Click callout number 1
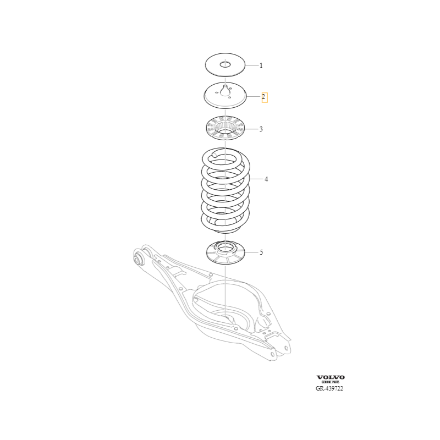point(261,65)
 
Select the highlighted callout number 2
point(263,97)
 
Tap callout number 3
point(261,129)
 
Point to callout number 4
point(266,179)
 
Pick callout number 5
point(261,252)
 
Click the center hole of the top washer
point(225,65)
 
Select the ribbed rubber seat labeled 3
point(226,128)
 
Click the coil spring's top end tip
point(215,154)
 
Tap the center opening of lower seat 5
point(225,248)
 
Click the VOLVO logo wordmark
point(331,377)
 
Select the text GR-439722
point(329,388)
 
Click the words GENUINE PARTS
point(331,382)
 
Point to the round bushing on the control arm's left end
point(138,258)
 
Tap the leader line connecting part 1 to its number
point(252,65)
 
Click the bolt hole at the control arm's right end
point(286,348)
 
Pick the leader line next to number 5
point(251,252)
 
